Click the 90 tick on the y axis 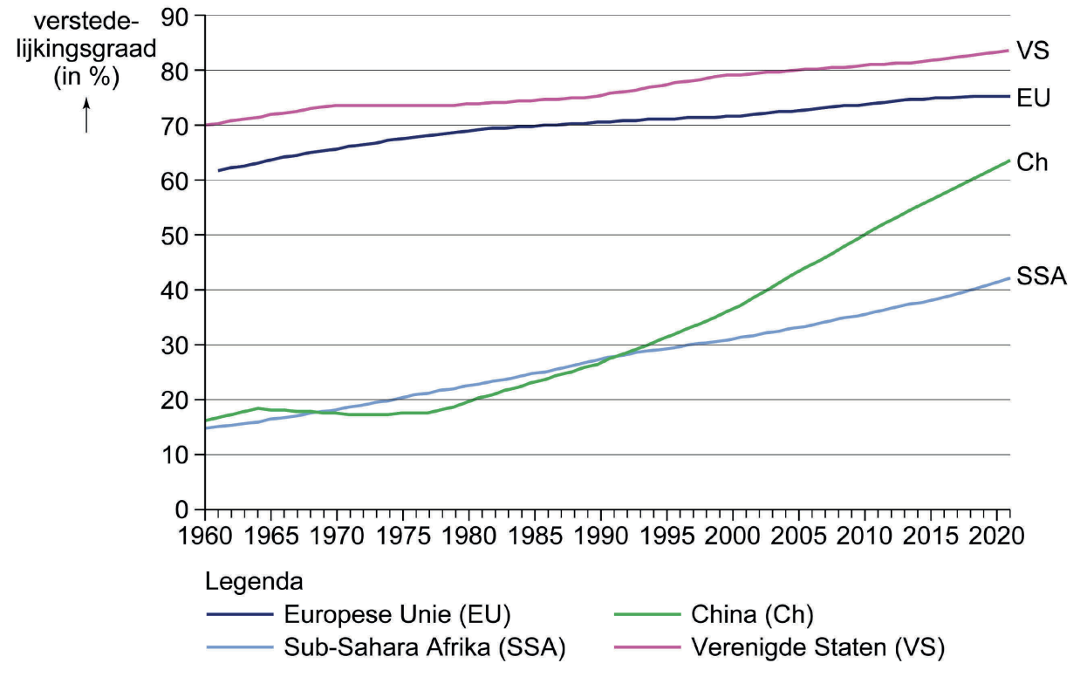coord(178,16)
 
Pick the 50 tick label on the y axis coord(178,236)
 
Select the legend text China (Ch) coord(751,614)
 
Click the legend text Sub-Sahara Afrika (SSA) coord(426,648)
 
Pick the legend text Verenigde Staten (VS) coord(817,648)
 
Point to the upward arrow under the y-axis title coord(86,115)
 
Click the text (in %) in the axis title coord(86,77)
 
